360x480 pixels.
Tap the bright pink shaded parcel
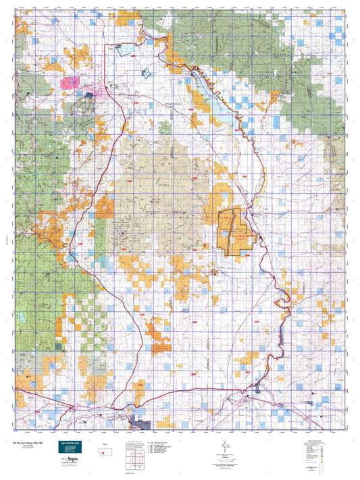point(69,84)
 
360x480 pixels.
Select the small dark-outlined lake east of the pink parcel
point(144,72)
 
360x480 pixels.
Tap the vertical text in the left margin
point(5,240)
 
